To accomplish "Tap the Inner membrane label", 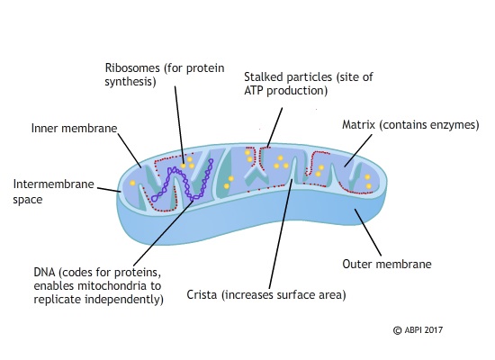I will tap(73, 128).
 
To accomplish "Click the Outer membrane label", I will tap(387, 265).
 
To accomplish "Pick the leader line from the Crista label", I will tap(278, 234).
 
